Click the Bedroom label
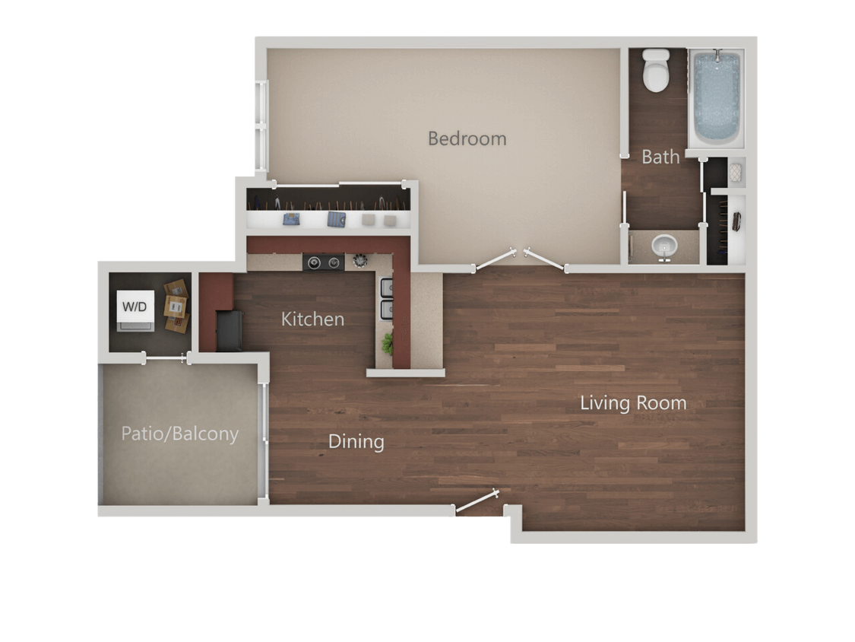[467, 138]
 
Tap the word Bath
[660, 157]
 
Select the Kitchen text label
[312, 319]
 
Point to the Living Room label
[633, 402]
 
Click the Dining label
[356, 441]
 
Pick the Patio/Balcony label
[180, 434]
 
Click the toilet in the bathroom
[655, 69]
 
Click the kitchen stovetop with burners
[323, 262]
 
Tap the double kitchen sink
[386, 298]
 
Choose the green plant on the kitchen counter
[388, 343]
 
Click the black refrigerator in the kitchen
[229, 331]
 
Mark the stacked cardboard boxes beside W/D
[176, 306]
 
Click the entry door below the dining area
[477, 503]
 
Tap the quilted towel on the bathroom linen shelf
[735, 173]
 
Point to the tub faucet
[716, 56]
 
